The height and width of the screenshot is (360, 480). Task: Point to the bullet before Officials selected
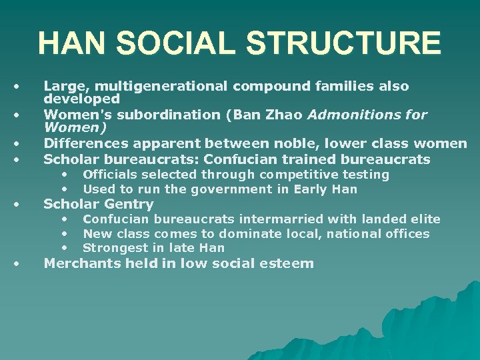click(x=65, y=175)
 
